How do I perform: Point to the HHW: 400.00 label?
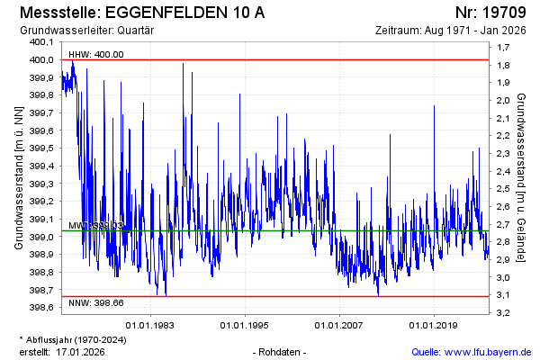[x=96, y=54]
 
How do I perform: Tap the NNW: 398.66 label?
[x=96, y=303]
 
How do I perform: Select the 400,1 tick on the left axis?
[x=41, y=42]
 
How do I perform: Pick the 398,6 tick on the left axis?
[x=41, y=308]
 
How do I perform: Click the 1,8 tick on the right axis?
[x=504, y=66]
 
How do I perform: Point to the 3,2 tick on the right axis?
[x=504, y=312]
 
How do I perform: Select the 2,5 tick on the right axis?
[x=504, y=189]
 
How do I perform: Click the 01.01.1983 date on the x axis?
[x=150, y=324]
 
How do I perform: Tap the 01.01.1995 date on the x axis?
[x=245, y=324]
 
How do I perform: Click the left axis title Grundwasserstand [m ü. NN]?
[x=19, y=176]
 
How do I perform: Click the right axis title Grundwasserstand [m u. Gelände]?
[x=522, y=176]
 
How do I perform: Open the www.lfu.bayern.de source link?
[x=488, y=351]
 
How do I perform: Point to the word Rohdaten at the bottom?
[x=282, y=351]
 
